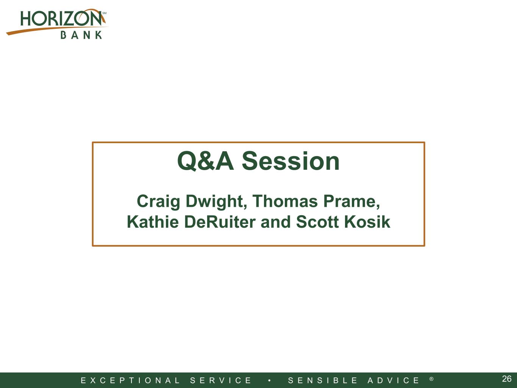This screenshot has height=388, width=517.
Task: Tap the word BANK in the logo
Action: tap(81, 35)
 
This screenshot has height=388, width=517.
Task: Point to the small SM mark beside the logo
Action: tap(104, 13)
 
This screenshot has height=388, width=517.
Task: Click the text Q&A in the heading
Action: tap(205, 161)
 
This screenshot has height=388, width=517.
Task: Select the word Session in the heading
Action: tap(291, 161)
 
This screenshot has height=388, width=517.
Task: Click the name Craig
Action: tap(158, 202)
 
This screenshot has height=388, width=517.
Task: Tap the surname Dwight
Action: tap(216, 202)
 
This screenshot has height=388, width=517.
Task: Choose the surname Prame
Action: tap(351, 202)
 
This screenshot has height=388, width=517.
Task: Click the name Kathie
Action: tap(153, 222)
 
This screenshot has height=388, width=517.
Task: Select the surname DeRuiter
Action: tap(220, 222)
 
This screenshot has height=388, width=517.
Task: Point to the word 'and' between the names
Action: tap(276, 222)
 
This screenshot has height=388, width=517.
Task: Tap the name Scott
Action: tap(317, 222)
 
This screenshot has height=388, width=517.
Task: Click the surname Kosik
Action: tap(367, 222)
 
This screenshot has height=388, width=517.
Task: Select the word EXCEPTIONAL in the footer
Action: tap(130, 380)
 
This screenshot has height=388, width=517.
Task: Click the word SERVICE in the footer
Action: tap(220, 380)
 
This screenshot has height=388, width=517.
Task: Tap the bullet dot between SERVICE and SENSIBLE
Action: tap(269, 380)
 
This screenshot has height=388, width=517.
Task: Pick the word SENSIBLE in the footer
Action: tap(323, 380)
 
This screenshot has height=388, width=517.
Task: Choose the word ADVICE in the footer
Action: tap(393, 380)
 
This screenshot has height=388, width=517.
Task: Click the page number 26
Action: tap(507, 379)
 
